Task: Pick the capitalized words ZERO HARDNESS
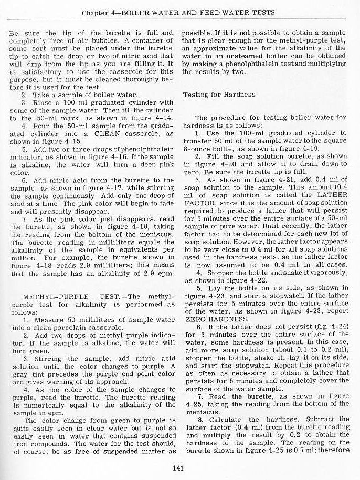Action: (211, 319)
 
